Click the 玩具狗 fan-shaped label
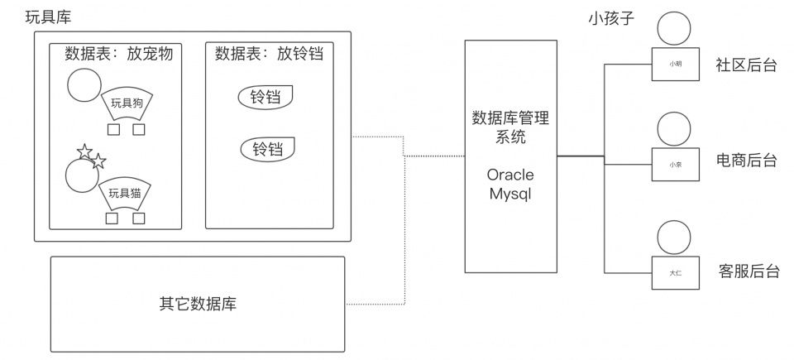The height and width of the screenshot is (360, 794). pos(127,103)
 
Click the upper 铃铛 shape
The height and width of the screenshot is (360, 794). pos(266,98)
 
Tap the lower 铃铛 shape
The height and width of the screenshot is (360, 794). pos(268,150)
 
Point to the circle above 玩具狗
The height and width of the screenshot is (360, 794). pos(84,84)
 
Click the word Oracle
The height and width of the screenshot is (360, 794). pos(509,175)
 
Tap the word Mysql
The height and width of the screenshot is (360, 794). pos(509,195)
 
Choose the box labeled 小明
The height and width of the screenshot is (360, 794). pos(676,65)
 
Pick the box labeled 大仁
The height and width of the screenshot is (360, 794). pos(676,272)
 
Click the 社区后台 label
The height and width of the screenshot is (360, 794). pos(747,65)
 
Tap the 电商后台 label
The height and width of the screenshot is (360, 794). pos(747,161)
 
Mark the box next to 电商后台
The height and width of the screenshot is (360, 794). pos(676,164)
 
